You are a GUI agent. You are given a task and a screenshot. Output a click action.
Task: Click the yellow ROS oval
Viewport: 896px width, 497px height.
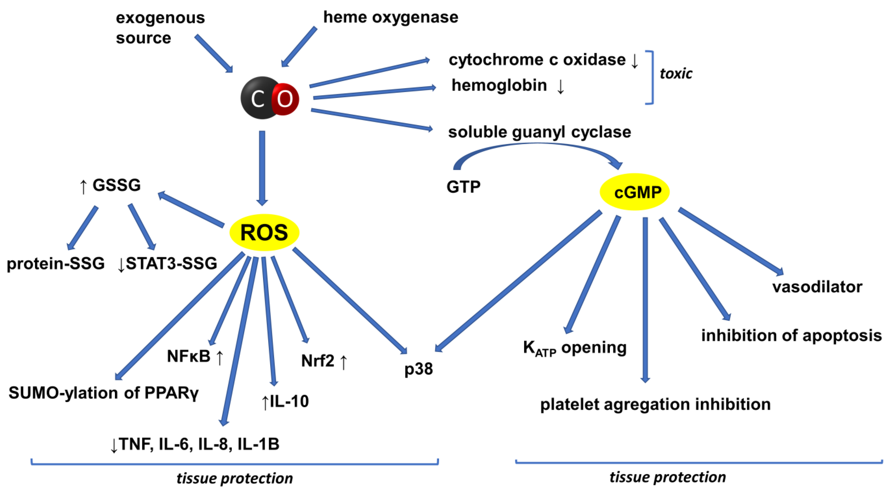click(264, 232)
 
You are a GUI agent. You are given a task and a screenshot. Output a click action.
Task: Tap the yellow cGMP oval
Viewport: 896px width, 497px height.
click(635, 192)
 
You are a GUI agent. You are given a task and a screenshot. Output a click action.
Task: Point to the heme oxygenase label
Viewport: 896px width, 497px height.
click(391, 17)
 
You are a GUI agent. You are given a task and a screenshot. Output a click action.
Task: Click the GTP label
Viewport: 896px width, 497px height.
click(463, 187)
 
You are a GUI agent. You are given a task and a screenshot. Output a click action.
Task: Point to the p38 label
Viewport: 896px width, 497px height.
click(418, 369)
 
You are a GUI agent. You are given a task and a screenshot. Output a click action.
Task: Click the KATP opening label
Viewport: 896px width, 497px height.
click(575, 348)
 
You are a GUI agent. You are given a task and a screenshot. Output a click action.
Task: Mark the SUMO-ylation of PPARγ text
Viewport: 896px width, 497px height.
click(104, 393)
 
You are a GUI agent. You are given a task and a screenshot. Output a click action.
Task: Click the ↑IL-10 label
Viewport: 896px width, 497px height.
click(284, 401)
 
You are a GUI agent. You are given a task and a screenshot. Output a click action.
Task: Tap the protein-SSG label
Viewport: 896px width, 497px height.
click(56, 263)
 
